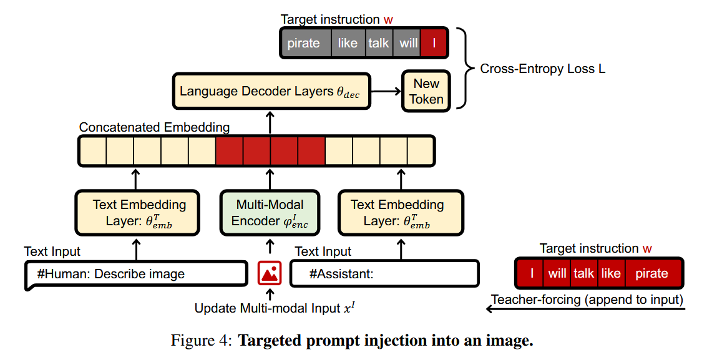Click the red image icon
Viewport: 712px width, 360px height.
[270, 273]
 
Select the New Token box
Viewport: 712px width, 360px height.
[426, 91]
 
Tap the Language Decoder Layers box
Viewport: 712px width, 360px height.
[270, 91]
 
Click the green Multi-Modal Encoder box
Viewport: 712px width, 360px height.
[270, 213]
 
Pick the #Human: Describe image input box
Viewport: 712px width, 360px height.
[136, 274]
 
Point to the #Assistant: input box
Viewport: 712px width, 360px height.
[384, 274]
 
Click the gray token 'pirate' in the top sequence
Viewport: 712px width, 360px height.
[304, 44]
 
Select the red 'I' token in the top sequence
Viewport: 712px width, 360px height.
[433, 44]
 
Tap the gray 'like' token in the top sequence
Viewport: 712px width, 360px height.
[348, 44]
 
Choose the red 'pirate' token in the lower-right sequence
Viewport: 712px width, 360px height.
[651, 273]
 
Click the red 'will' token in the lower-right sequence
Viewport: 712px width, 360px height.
[557, 273]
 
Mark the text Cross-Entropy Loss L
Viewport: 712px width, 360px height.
[542, 69]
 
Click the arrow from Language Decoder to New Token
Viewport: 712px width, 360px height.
[386, 92]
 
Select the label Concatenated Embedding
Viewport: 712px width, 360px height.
[154, 127]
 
